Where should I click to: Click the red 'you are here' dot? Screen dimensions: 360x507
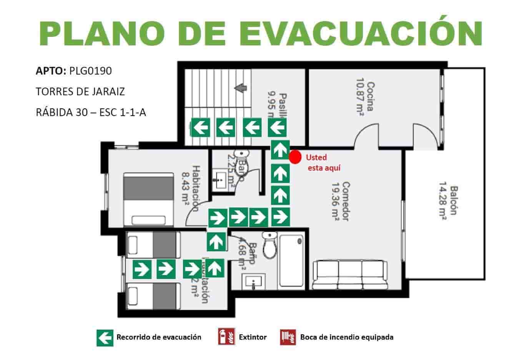pos(295,157)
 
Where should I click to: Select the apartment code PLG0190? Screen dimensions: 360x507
pos(90,71)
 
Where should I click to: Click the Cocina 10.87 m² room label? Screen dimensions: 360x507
pos(364,96)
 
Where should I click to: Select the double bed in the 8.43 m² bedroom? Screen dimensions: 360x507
pos(148,200)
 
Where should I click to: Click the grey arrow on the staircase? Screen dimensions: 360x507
pos(241,88)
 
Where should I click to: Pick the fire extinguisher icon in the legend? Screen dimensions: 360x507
pos(224,337)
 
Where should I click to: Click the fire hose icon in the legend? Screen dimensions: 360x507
pos(288,337)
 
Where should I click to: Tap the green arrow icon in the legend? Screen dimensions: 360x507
pos(105,337)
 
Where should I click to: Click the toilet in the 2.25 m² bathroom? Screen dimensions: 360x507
pos(242,158)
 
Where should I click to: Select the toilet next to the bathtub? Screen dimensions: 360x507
pos(269,246)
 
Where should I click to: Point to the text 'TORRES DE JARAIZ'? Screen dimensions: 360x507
pos(80,92)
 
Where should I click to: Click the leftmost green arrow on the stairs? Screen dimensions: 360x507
pos(201,127)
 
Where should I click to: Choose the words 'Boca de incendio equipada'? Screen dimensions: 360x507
pos(347,337)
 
